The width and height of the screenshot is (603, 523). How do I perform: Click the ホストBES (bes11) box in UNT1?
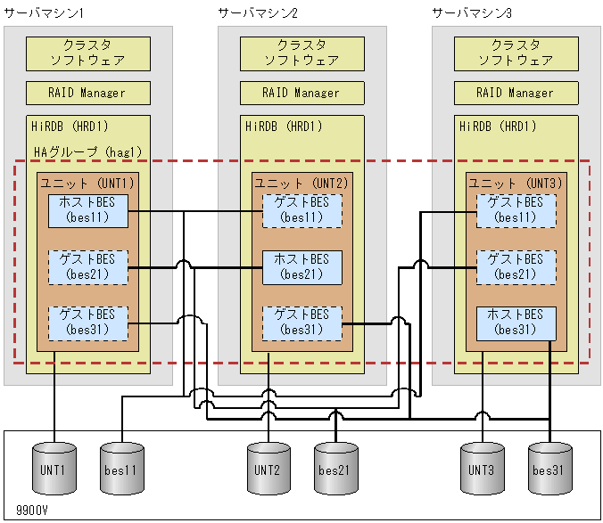pyautogui.click(x=88, y=210)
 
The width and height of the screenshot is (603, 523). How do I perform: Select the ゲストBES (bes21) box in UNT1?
pyautogui.click(x=88, y=266)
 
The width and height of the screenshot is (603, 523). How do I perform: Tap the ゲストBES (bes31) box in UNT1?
pyautogui.click(x=88, y=323)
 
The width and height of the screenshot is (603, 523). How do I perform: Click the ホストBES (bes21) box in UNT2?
pyautogui.click(x=302, y=266)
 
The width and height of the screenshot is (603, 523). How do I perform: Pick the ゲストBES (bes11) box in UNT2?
pyautogui.click(x=302, y=210)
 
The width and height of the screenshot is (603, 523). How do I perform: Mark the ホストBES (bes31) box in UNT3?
pyautogui.click(x=516, y=323)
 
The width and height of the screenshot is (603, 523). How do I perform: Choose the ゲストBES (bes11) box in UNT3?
pyautogui.click(x=516, y=210)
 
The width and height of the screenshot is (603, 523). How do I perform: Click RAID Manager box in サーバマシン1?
pyautogui.click(x=88, y=93)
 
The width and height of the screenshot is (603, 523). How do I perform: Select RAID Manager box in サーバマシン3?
pyautogui.click(x=516, y=93)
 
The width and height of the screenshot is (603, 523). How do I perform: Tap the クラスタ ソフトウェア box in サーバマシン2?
pyautogui.click(x=302, y=53)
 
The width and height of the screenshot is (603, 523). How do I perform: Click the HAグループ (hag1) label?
pyautogui.click(x=87, y=152)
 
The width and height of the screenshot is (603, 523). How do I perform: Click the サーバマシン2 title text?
pyautogui.click(x=258, y=12)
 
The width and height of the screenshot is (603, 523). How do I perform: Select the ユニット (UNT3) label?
pyautogui.click(x=516, y=182)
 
